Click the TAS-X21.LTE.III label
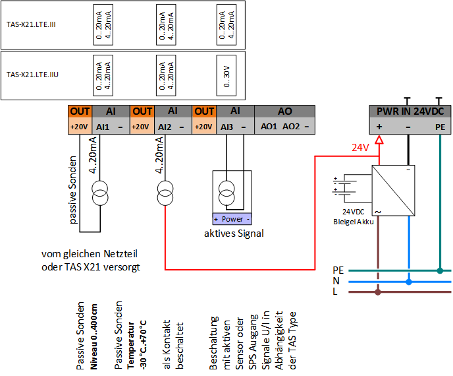click(31, 24)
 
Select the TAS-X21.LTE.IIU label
click(32, 75)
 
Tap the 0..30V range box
click(226, 75)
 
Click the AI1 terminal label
click(103, 127)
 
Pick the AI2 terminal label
click(165, 127)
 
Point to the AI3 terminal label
click(226, 127)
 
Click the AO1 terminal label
click(269, 127)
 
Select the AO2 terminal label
click(291, 127)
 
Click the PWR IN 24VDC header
click(410, 111)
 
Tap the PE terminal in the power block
click(440, 127)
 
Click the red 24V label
click(360, 148)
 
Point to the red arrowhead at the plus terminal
click(379, 140)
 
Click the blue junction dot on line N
click(409, 282)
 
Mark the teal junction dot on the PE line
click(440, 270)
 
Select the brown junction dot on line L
click(377, 292)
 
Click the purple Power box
click(232, 219)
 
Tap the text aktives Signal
click(234, 234)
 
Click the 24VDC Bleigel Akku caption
click(354, 217)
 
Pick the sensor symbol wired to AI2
click(165, 193)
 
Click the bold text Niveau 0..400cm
click(93, 336)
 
